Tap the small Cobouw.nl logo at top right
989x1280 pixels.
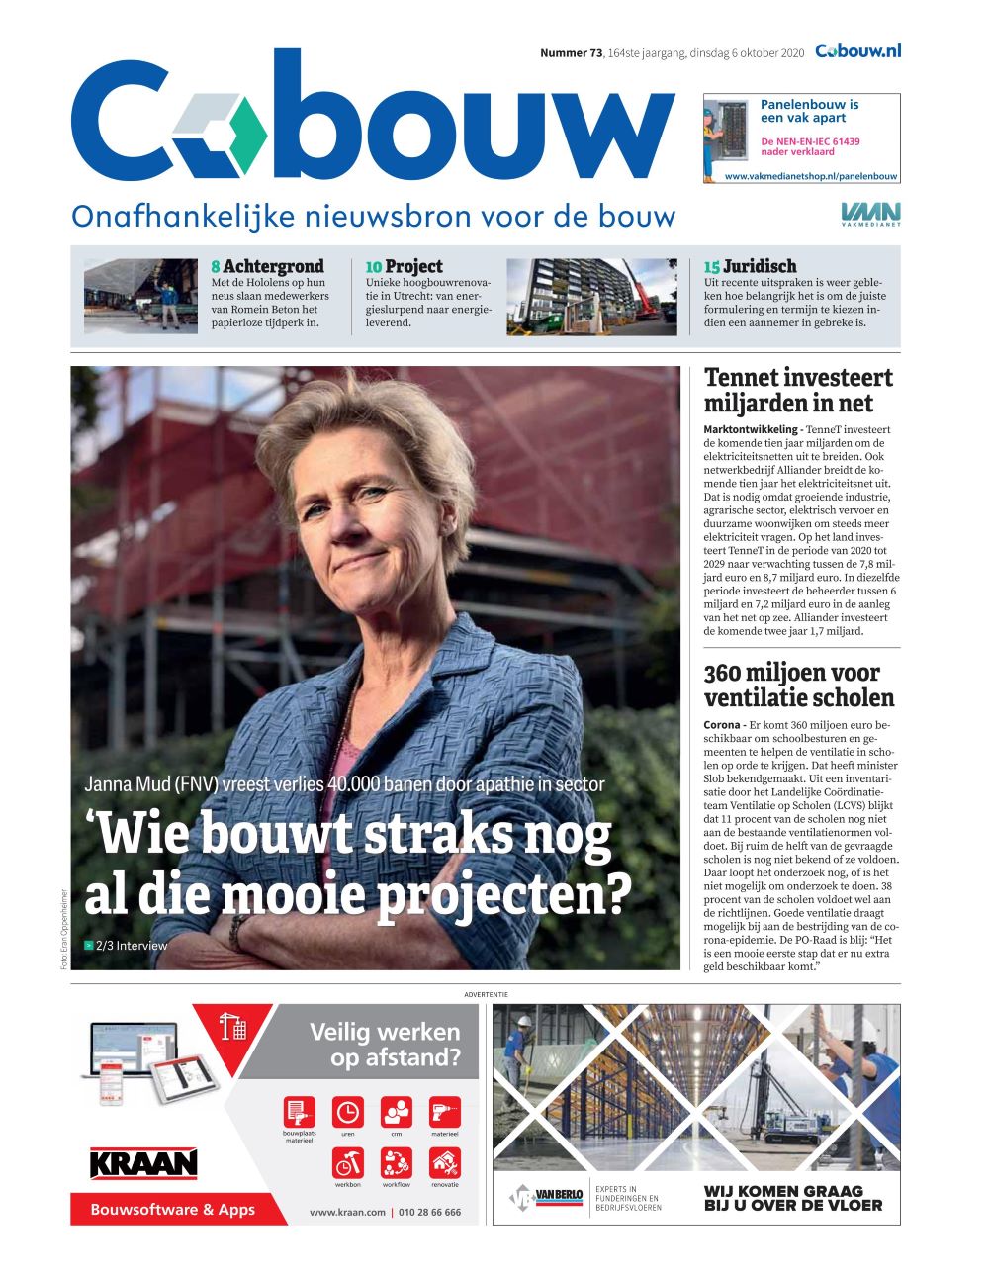click(857, 51)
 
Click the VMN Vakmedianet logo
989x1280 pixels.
click(870, 214)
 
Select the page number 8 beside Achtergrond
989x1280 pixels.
click(216, 266)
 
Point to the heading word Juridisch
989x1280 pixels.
click(759, 266)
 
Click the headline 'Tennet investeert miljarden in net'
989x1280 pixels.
click(797, 390)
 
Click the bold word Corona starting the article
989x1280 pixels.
click(724, 725)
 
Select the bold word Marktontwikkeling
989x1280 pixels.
click(750, 429)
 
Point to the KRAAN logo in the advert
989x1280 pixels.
click(143, 1163)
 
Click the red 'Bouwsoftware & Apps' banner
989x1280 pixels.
click(173, 1209)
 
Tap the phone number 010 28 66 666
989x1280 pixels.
click(429, 1212)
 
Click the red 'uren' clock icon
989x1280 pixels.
click(347, 1111)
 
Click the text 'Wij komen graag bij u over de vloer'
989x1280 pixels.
click(792, 1198)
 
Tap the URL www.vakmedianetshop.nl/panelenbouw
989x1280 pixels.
click(811, 176)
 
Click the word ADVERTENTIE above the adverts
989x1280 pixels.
click(485, 993)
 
